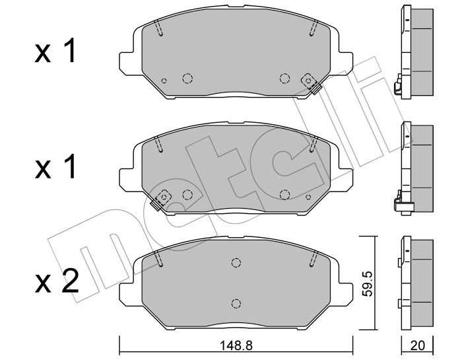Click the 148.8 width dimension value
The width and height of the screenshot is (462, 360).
click(236, 345)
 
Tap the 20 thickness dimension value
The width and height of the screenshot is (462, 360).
click(418, 345)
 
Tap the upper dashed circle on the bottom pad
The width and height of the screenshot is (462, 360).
click(236, 262)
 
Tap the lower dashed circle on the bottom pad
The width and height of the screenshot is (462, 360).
click(236, 303)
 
